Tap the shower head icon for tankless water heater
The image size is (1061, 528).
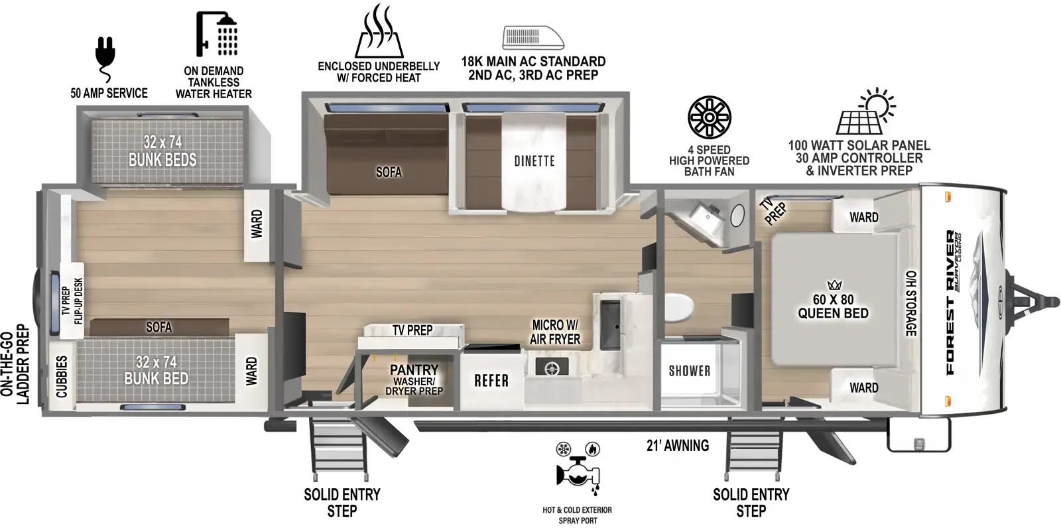click(x=216, y=34)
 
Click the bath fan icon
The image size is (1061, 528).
click(x=709, y=117)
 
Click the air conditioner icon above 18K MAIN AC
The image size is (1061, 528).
click(x=533, y=37)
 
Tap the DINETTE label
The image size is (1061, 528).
click(x=534, y=161)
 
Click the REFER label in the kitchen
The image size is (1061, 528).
click(x=491, y=381)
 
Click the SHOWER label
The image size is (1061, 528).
click(x=689, y=371)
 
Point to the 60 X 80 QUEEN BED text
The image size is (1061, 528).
click(x=833, y=306)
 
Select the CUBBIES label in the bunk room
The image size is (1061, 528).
click(x=62, y=377)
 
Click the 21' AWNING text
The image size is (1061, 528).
click(x=677, y=446)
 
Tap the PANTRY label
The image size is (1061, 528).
click(x=414, y=369)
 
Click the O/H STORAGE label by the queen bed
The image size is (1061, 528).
click(x=911, y=303)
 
